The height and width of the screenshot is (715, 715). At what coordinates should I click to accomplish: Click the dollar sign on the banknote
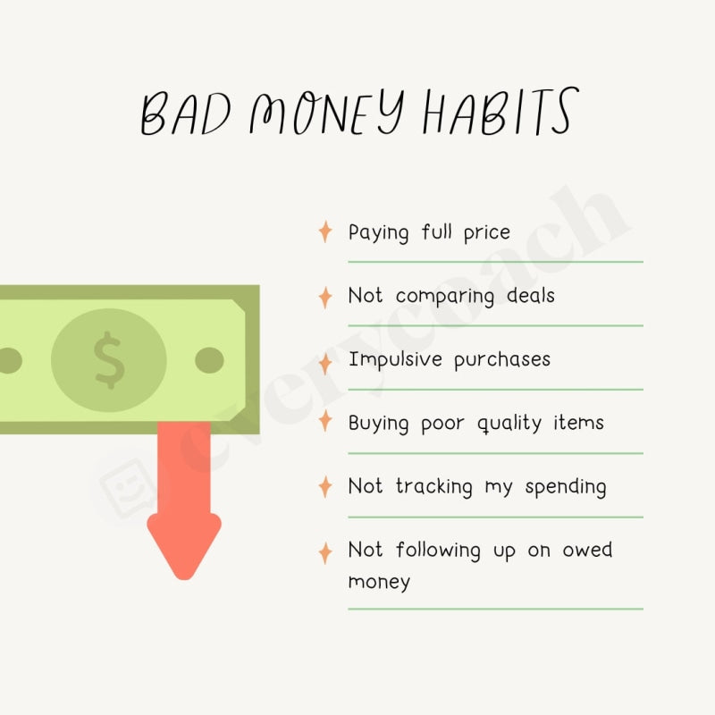(x=109, y=359)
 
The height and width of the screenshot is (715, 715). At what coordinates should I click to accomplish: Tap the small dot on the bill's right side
(x=209, y=360)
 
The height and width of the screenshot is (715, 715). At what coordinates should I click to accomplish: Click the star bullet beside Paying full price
(x=325, y=232)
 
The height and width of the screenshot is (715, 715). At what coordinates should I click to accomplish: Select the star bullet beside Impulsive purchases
(x=325, y=360)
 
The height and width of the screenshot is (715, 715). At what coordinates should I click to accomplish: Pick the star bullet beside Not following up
(x=325, y=551)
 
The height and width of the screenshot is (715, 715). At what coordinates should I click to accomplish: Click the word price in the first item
(x=487, y=233)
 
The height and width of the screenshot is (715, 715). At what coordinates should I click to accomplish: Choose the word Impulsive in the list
(x=396, y=360)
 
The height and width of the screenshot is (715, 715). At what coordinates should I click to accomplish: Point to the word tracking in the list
(x=435, y=487)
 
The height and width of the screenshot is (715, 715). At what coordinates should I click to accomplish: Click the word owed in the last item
(x=587, y=550)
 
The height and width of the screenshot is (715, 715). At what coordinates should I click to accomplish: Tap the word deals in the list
(x=529, y=296)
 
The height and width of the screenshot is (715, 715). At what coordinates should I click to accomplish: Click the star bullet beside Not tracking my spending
(x=325, y=487)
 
